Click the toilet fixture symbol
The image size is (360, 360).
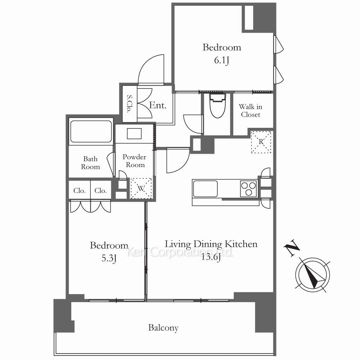point(217,105)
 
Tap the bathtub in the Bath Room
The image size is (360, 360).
point(91,131)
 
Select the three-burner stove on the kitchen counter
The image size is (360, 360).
point(248,189)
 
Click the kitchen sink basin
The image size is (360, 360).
point(205,189)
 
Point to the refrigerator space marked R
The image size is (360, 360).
point(261,142)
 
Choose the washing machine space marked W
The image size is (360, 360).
point(141,188)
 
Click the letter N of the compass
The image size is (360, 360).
point(292,248)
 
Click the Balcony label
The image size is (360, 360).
point(163,328)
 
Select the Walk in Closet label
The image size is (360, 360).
point(251,111)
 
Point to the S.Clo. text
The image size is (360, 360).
point(130,104)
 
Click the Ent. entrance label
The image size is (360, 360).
point(158,105)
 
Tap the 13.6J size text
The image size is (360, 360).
point(211,257)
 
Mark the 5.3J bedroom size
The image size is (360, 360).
point(109,258)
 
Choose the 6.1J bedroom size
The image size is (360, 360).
point(221,60)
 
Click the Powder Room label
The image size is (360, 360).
point(135,161)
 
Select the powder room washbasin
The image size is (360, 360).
point(134,134)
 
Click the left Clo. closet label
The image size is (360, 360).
point(80,190)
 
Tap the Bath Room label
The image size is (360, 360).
point(90,163)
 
